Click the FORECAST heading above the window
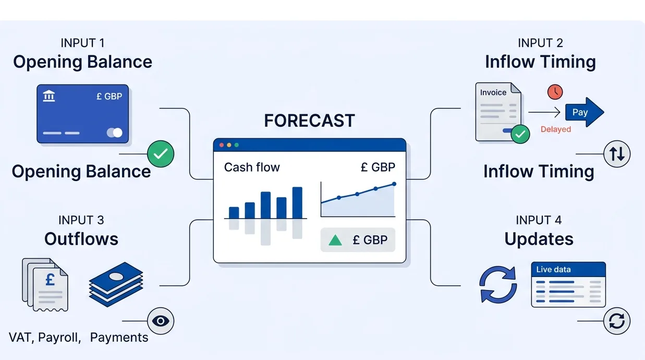309,121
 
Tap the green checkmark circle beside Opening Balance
161,153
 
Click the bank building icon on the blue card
49,96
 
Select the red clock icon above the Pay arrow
555,92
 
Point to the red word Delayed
555,129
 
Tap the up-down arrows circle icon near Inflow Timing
617,154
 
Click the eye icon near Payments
161,321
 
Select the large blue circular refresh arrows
498,284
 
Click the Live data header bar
568,270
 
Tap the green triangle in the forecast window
335,240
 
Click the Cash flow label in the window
252,167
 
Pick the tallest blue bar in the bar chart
297,202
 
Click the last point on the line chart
394,184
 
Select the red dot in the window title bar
221,145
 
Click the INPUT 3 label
81,220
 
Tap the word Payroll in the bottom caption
59,338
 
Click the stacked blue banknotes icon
116,284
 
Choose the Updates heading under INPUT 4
539,239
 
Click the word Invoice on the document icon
493,93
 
